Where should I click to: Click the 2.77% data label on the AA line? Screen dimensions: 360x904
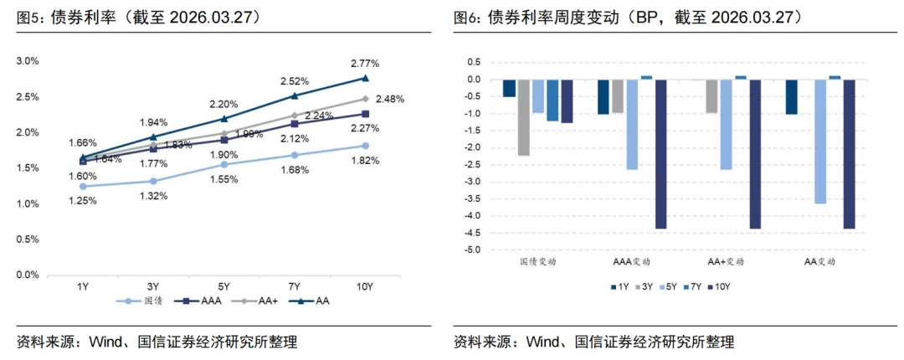coord(365,64)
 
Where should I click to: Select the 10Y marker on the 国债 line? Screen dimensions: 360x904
coord(365,146)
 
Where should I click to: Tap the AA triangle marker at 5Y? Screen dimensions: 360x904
coord(223,118)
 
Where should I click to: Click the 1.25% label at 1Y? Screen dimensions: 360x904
coord(82,201)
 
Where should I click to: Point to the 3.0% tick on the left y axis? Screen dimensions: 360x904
coord(28,62)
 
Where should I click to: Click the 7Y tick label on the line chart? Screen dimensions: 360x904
coord(294,287)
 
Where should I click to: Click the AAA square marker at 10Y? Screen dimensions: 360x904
coord(365,114)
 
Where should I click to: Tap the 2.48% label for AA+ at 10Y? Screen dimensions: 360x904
coord(389,99)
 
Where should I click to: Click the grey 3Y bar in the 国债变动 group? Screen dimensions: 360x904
coord(523,117)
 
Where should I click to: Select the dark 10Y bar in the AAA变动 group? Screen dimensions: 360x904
coord(661,154)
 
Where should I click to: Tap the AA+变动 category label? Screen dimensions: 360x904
coord(727,262)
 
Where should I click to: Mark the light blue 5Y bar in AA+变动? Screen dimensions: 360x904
coord(727,125)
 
